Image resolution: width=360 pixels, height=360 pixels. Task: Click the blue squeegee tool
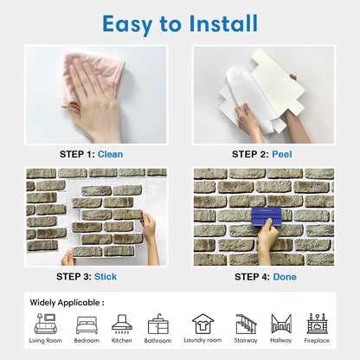point(267,216)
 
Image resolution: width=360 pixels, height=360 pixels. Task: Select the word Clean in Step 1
point(110,154)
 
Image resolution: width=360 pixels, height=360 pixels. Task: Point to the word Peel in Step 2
point(282,154)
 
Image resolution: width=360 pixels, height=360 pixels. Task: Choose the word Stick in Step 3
point(106,277)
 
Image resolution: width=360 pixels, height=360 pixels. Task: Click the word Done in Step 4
point(285,277)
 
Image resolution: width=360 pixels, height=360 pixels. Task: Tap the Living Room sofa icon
point(46,324)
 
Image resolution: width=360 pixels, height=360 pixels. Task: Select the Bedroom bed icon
point(87,325)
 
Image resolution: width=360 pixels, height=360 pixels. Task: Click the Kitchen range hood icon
point(122,324)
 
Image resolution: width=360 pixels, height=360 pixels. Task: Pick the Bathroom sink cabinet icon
point(157,325)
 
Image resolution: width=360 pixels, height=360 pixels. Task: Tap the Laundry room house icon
point(202,324)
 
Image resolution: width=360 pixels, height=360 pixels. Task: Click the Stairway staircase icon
point(246,324)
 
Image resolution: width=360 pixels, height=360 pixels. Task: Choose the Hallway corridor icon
point(281,324)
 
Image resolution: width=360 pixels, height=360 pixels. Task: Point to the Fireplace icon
point(317,324)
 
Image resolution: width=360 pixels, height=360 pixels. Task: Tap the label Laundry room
point(202,340)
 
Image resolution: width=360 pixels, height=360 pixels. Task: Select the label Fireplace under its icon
point(317,341)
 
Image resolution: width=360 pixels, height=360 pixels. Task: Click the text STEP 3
point(74,277)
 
